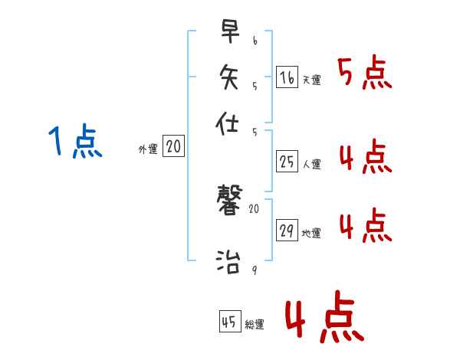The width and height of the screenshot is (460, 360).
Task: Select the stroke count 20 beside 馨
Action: pyautogui.click(x=255, y=208)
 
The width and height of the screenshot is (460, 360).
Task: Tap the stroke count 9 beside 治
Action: pyautogui.click(x=255, y=270)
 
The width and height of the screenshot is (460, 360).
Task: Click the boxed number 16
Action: pyautogui.click(x=287, y=77)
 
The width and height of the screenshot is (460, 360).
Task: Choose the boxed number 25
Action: pyautogui.click(x=287, y=162)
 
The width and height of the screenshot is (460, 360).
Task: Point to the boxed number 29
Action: pyautogui.click(x=287, y=231)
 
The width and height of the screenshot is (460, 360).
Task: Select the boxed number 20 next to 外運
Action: pyautogui.click(x=173, y=147)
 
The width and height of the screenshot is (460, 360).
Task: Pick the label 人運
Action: pyautogui.click(x=311, y=164)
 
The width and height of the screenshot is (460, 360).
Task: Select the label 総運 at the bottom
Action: pyautogui.click(x=255, y=325)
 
